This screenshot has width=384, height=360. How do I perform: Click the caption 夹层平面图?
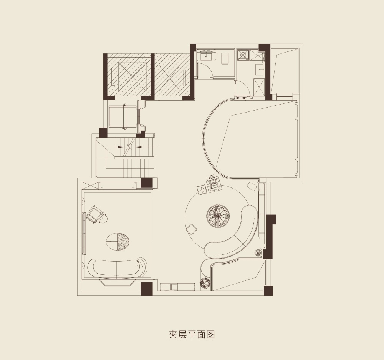tap(192, 334)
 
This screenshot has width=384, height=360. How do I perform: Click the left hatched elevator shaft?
tap(129, 76)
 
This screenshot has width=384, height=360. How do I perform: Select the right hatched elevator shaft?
tap(173, 76)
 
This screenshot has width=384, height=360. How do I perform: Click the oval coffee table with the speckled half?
tap(119, 241)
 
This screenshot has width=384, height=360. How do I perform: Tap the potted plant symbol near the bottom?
tap(205, 283)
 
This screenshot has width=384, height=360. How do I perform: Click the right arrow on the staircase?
tap(139, 147)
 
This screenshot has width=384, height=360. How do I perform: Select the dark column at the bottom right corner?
tap(268, 291)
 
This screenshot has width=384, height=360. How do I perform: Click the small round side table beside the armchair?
tap(103, 218)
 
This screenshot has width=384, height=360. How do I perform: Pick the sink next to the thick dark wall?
tap(259, 70)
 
